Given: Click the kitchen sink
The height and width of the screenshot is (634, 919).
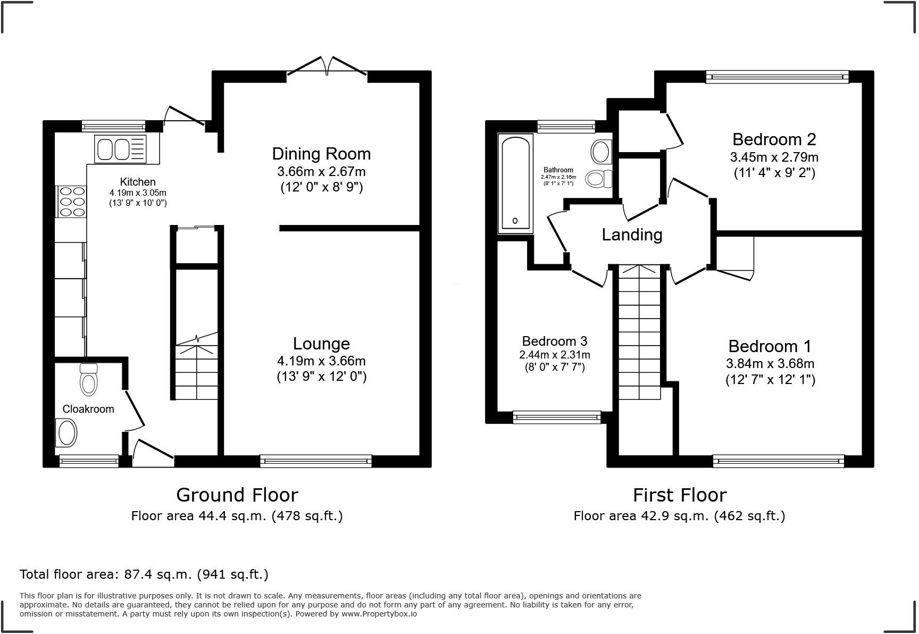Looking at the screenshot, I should (x=120, y=149).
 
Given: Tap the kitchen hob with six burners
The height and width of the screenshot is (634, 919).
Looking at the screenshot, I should (x=71, y=201).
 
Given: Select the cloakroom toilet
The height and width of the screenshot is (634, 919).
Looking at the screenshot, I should (x=88, y=380).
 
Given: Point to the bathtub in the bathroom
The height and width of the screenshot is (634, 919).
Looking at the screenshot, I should (x=515, y=183).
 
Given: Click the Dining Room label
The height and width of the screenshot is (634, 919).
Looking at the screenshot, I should (x=321, y=154).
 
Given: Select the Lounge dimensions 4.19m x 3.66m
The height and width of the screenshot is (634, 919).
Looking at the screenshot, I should (x=321, y=361).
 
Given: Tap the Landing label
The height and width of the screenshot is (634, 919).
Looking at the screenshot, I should (x=632, y=235).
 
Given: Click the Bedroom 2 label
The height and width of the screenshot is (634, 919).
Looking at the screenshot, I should (x=774, y=139).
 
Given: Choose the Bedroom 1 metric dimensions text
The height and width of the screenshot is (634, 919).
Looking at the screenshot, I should (x=770, y=364).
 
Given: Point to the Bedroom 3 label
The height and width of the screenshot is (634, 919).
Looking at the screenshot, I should (x=555, y=341).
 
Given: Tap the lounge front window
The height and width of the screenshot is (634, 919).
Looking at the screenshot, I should (x=316, y=461).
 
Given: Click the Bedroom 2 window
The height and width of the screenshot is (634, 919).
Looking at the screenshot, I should (x=777, y=77).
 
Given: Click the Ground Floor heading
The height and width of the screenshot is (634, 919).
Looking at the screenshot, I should (x=237, y=495).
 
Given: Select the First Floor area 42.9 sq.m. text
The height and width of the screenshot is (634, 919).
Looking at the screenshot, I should (x=679, y=515).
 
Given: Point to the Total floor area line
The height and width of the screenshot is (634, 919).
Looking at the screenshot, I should (x=144, y=574).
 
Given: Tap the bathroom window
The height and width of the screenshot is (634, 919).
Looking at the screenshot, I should (x=566, y=126).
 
